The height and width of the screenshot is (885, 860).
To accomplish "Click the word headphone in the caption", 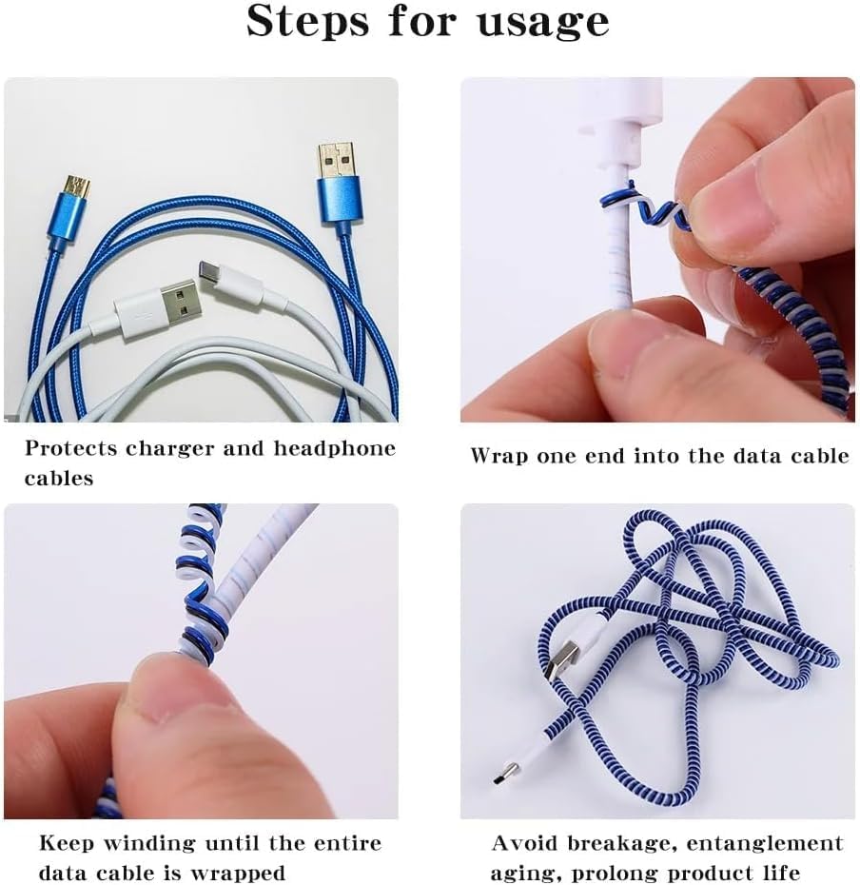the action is [335, 448].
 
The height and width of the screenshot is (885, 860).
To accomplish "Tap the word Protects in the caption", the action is [71, 448].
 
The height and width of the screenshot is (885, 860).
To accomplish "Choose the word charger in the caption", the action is [170, 449].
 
